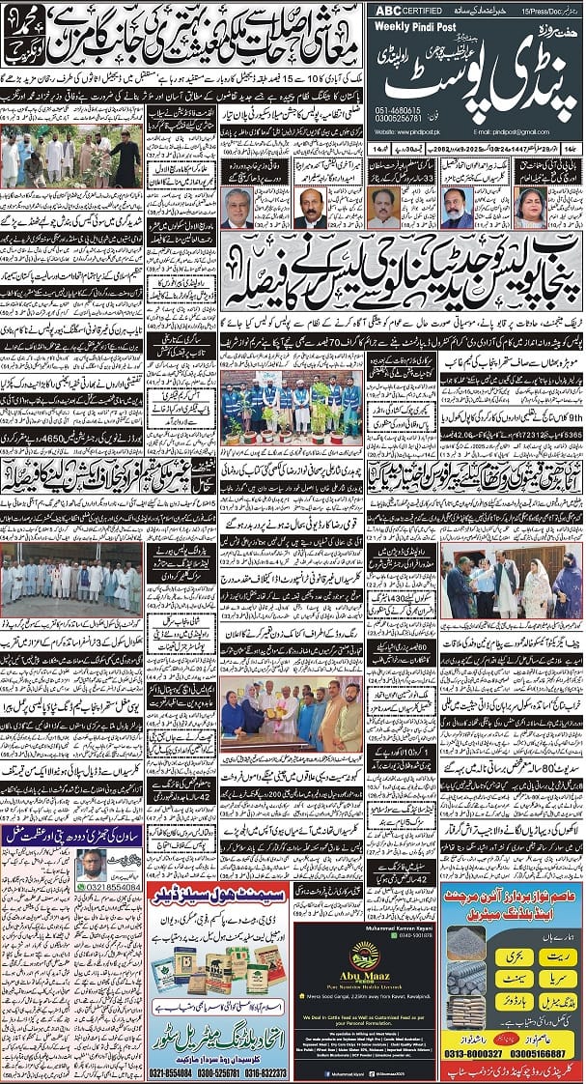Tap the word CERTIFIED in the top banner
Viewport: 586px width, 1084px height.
click(413, 11)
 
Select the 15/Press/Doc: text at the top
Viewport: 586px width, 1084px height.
click(557, 11)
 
